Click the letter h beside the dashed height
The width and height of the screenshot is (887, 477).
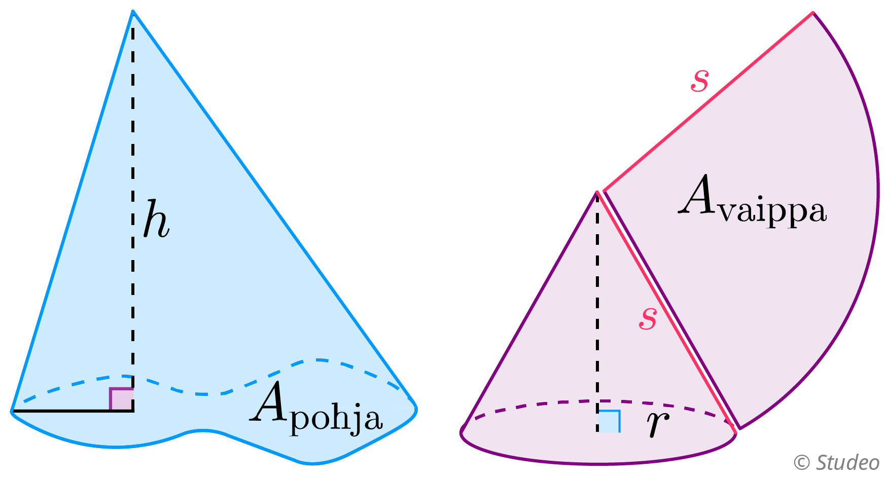point(155,219)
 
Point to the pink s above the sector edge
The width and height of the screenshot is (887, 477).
point(699,80)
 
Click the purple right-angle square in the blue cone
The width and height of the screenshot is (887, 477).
point(122,399)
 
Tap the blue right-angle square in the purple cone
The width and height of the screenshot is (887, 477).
point(609,421)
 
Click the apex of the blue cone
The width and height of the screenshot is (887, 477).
point(133,12)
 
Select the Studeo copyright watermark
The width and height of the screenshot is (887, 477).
point(836,462)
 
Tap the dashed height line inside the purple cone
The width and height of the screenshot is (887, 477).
point(597,304)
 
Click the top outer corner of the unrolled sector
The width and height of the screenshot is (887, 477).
point(813,13)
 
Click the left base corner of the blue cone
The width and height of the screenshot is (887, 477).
point(12,411)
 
